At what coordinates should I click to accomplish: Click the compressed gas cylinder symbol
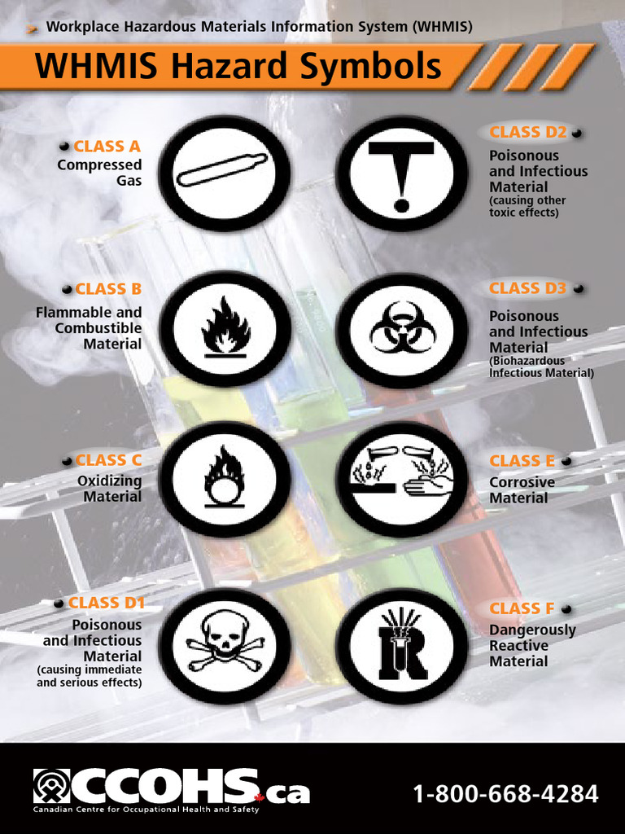(223, 171)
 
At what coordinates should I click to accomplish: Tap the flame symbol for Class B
(225, 328)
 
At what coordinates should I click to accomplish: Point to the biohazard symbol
(402, 328)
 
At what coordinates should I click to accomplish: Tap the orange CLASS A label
(107, 147)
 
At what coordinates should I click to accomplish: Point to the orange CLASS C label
(107, 461)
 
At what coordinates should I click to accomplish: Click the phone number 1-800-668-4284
(505, 793)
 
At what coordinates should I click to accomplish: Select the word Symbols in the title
(371, 67)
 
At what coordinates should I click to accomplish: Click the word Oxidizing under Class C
(109, 481)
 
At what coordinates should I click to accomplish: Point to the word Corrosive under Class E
(522, 482)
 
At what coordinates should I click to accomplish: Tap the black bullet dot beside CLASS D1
(58, 604)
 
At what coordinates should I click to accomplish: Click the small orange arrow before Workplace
(33, 29)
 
